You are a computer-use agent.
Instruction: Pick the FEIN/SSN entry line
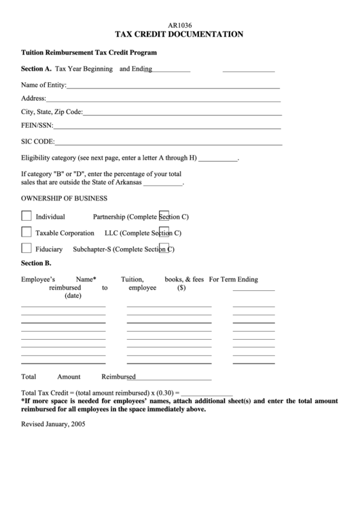pyautogui.click(x=167, y=128)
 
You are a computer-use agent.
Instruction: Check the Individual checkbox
pyautogui.click(x=26, y=216)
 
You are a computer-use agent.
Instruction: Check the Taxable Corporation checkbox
pyautogui.click(x=26, y=232)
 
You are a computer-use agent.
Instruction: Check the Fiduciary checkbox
pyautogui.click(x=26, y=248)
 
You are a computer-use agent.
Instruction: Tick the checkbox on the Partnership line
pyautogui.click(x=164, y=215)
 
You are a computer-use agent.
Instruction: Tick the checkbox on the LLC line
pyautogui.click(x=164, y=232)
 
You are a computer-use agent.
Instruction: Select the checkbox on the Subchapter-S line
pyautogui.click(x=164, y=248)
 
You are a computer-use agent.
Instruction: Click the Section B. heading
pyautogui.click(x=37, y=262)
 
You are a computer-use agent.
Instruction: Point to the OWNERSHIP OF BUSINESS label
pyautogui.click(x=65, y=198)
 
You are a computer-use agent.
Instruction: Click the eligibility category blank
pyautogui.click(x=218, y=160)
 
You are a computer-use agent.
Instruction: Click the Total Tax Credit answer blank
pyautogui.click(x=207, y=395)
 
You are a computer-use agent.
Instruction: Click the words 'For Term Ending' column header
pyautogui.click(x=234, y=279)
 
